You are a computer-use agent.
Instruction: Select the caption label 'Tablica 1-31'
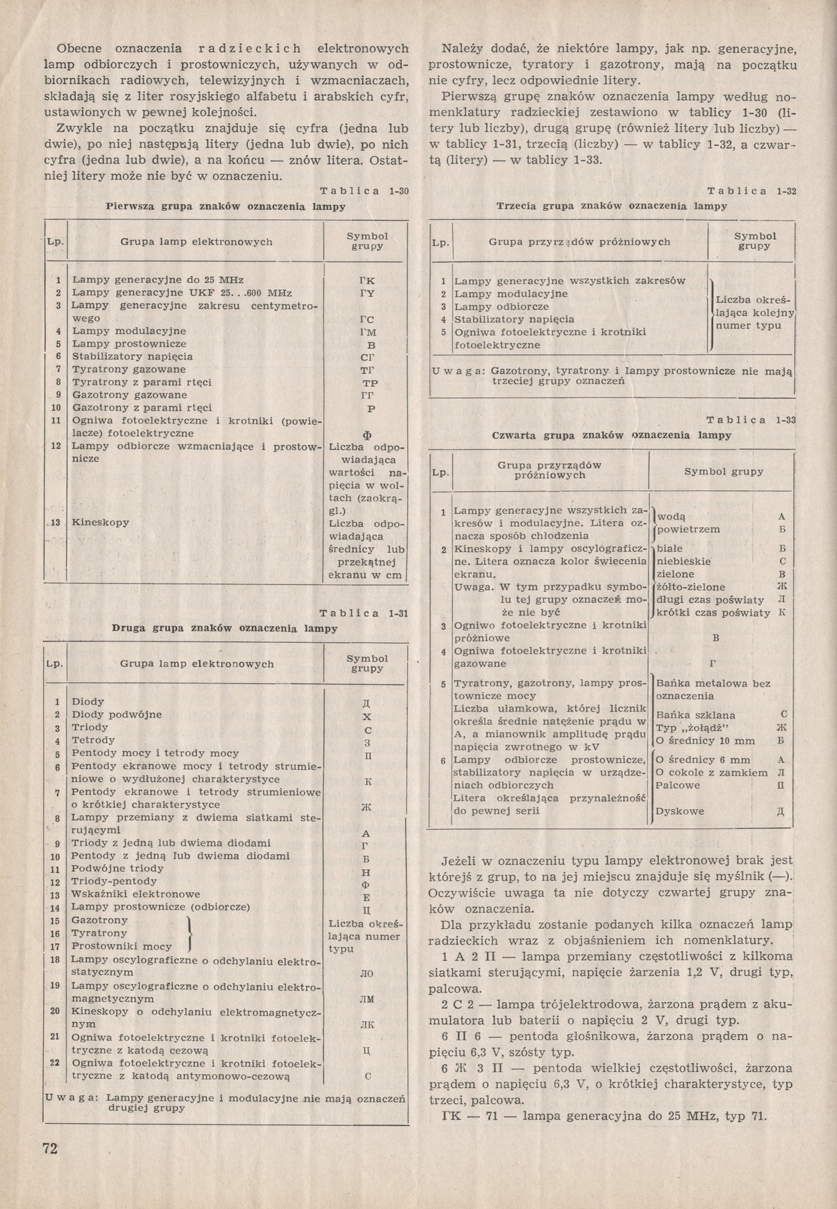[363, 613]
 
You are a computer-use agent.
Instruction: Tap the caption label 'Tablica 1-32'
[752, 191]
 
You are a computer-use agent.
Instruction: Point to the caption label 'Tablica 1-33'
[752, 420]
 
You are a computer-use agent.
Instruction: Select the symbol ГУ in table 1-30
[367, 293]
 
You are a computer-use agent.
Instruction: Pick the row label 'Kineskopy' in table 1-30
[100, 522]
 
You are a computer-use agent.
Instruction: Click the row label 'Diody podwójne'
[116, 715]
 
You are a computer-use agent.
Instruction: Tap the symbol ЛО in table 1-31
[367, 974]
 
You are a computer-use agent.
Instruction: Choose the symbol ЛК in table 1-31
[367, 1026]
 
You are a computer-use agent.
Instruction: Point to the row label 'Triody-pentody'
[114, 881]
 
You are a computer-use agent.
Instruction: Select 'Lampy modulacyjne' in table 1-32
[511, 293]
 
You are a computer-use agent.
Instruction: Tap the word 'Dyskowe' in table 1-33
[680, 811]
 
